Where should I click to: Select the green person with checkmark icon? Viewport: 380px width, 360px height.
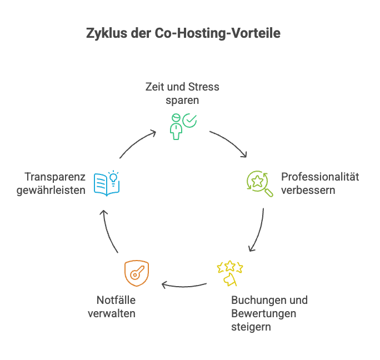coord(182,126)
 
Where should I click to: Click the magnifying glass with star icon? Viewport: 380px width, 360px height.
coord(259,184)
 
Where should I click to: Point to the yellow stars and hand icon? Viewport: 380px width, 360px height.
coord(229,274)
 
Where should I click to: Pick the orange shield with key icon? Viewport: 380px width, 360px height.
coord(136,273)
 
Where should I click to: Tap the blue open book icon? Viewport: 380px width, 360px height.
coord(106,183)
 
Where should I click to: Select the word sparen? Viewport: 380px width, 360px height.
coord(182,101)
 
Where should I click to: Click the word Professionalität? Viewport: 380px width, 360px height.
coord(320,177)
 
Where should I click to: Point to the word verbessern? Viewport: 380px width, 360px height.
coord(308,191)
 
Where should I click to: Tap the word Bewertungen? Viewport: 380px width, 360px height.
coord(263,313)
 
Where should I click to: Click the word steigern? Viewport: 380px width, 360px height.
coord(251,327)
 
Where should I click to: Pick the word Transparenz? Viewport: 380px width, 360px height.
coord(54,177)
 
